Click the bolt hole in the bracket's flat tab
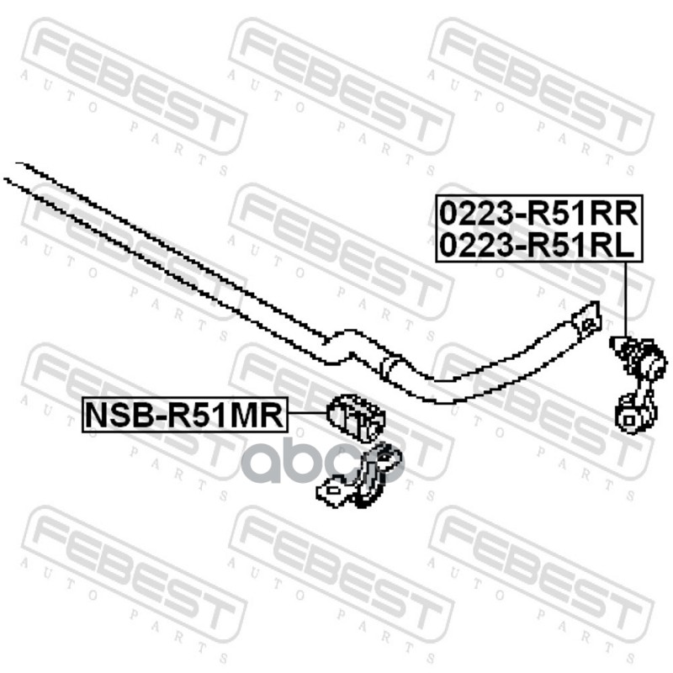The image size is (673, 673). (x=330, y=491)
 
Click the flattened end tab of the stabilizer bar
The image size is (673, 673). (x=586, y=318)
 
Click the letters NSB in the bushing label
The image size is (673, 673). (x=114, y=416)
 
